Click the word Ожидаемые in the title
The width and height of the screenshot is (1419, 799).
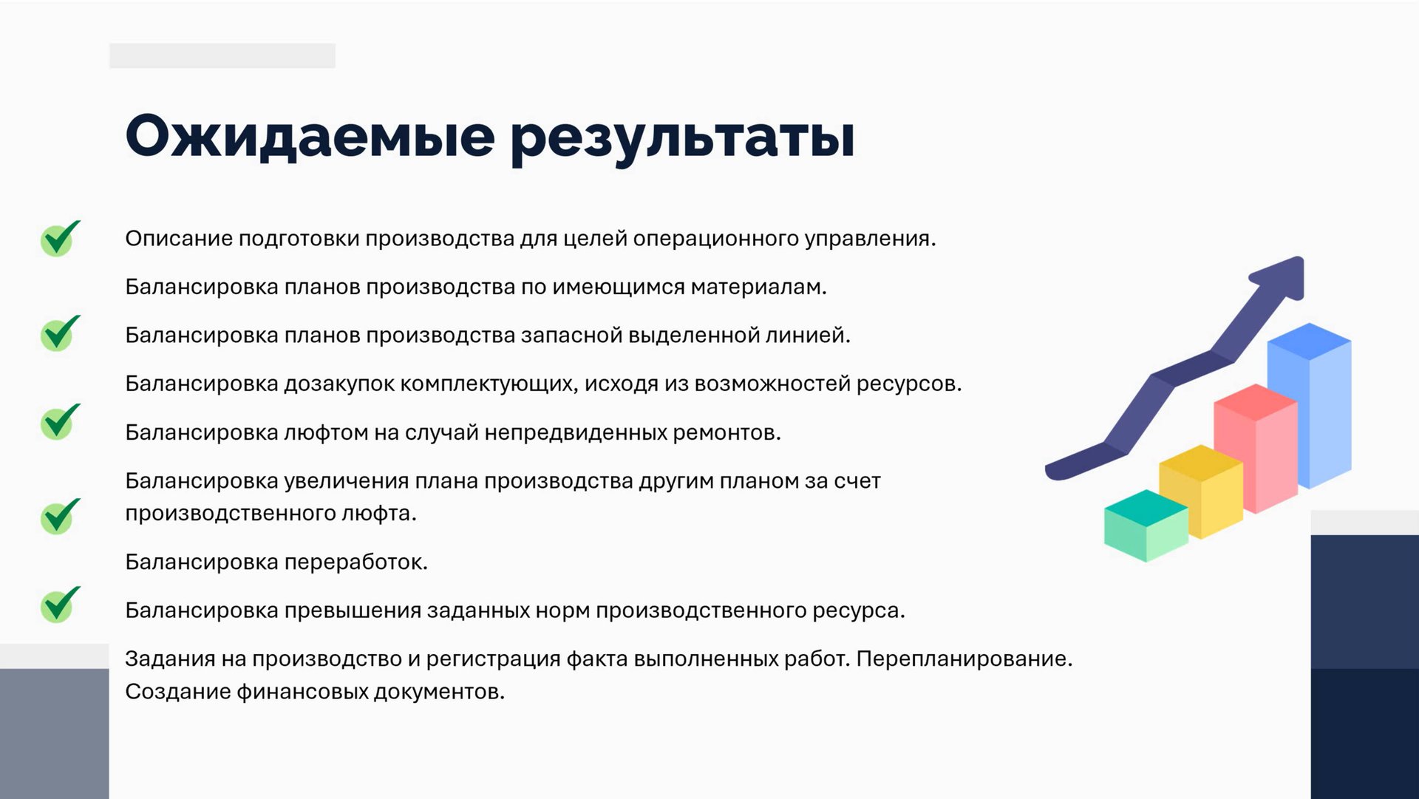310,137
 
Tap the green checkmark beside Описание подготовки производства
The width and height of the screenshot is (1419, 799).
59,238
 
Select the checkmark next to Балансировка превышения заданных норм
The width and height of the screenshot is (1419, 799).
59,604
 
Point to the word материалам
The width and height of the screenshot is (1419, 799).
758,287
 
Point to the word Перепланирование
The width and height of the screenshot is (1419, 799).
964,659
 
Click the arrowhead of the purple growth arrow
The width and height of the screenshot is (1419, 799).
1282,276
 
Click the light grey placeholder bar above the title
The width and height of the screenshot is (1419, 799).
222,55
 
